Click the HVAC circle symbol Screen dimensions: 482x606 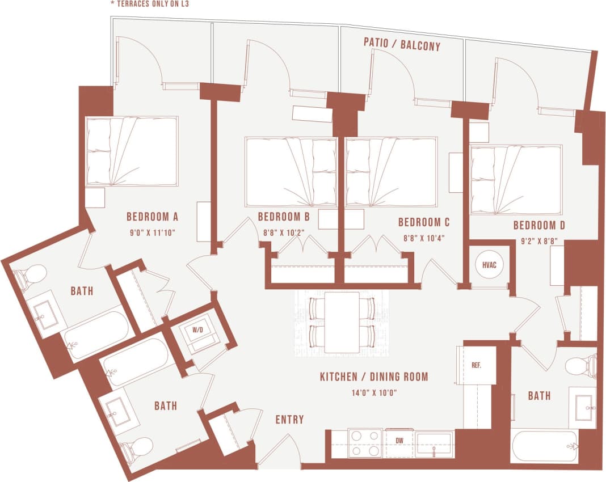click(x=490, y=265)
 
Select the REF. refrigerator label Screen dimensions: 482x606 click(x=476, y=365)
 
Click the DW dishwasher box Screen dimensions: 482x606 click(x=399, y=439)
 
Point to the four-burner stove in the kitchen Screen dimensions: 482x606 click(x=365, y=443)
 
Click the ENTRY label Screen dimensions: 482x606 click(x=289, y=420)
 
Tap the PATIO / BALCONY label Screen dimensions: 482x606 click(x=402, y=46)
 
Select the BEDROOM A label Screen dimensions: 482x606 click(x=152, y=216)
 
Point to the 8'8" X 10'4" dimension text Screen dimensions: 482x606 click(x=423, y=238)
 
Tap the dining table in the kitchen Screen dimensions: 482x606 click(x=343, y=322)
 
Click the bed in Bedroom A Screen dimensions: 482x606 click(x=132, y=151)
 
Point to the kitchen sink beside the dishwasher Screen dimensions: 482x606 click(x=434, y=443)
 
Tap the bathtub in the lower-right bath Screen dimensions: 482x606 click(x=545, y=446)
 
